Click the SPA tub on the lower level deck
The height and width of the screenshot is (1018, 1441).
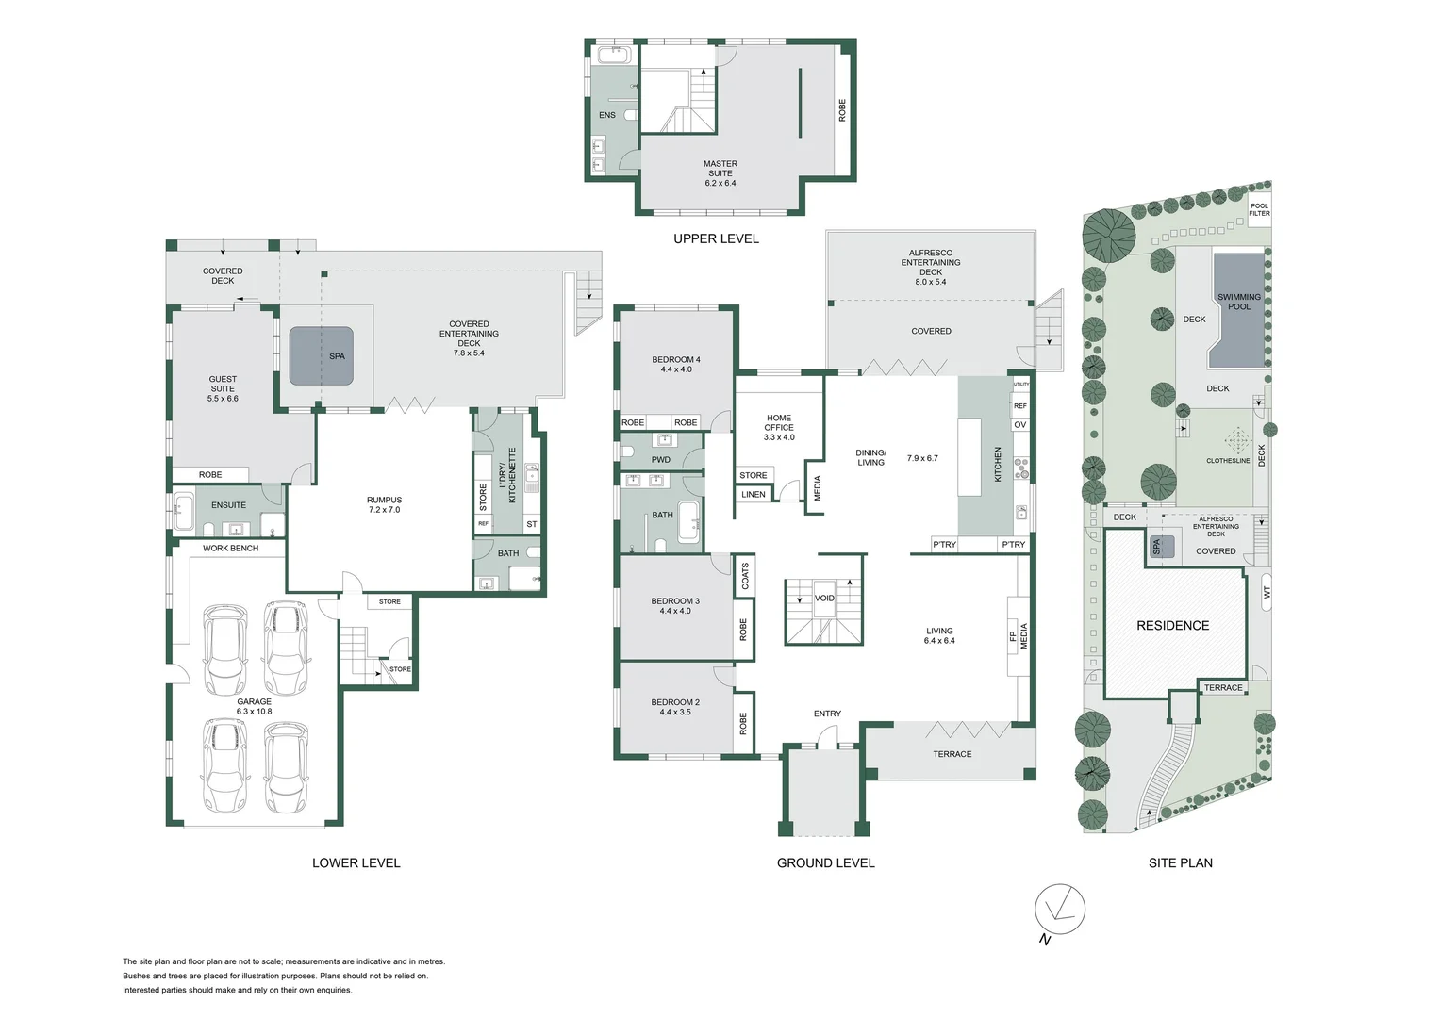click(321, 355)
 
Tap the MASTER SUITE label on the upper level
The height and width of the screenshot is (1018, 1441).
click(720, 172)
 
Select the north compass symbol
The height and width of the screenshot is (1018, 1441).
click(1059, 911)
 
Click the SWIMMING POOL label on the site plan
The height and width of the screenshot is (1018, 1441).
click(1239, 302)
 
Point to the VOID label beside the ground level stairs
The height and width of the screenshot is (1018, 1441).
click(824, 599)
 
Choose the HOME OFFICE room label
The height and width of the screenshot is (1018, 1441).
click(779, 427)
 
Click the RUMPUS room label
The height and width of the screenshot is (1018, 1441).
click(384, 504)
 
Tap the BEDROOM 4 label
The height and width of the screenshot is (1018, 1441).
click(676, 364)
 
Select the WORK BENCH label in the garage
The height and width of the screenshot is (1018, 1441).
click(230, 548)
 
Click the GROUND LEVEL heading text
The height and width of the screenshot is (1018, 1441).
click(825, 862)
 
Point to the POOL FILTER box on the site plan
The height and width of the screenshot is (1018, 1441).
click(1259, 209)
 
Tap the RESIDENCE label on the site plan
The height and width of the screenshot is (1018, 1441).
click(1172, 625)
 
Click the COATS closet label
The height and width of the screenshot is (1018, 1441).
click(745, 576)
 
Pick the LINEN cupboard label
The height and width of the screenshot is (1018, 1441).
click(754, 494)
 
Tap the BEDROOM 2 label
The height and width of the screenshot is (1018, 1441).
click(675, 707)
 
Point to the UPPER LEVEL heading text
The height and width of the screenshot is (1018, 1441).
click(716, 238)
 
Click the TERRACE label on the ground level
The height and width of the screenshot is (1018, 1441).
click(952, 754)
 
